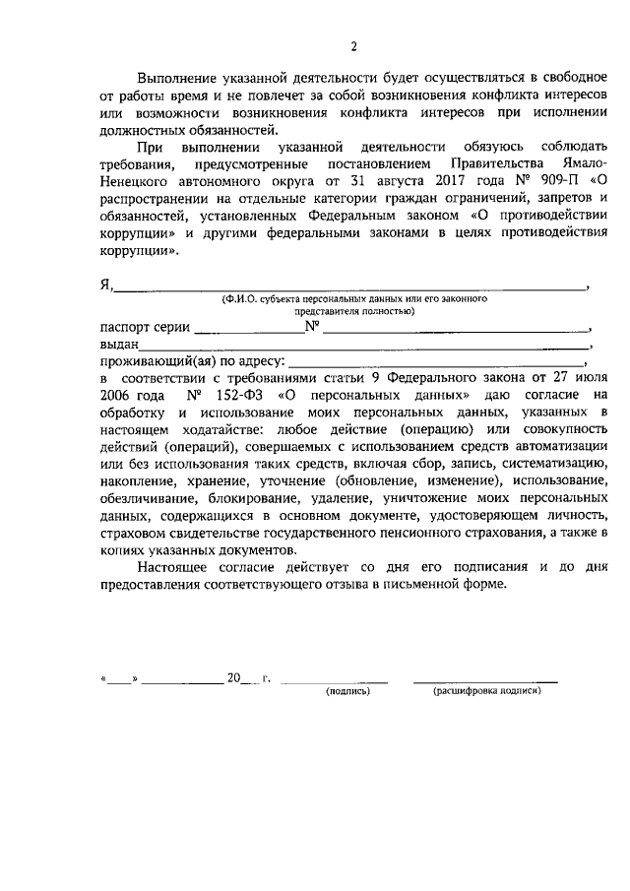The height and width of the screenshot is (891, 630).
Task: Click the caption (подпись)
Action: pos(347,691)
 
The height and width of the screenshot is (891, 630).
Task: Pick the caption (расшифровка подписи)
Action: pos(487,691)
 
